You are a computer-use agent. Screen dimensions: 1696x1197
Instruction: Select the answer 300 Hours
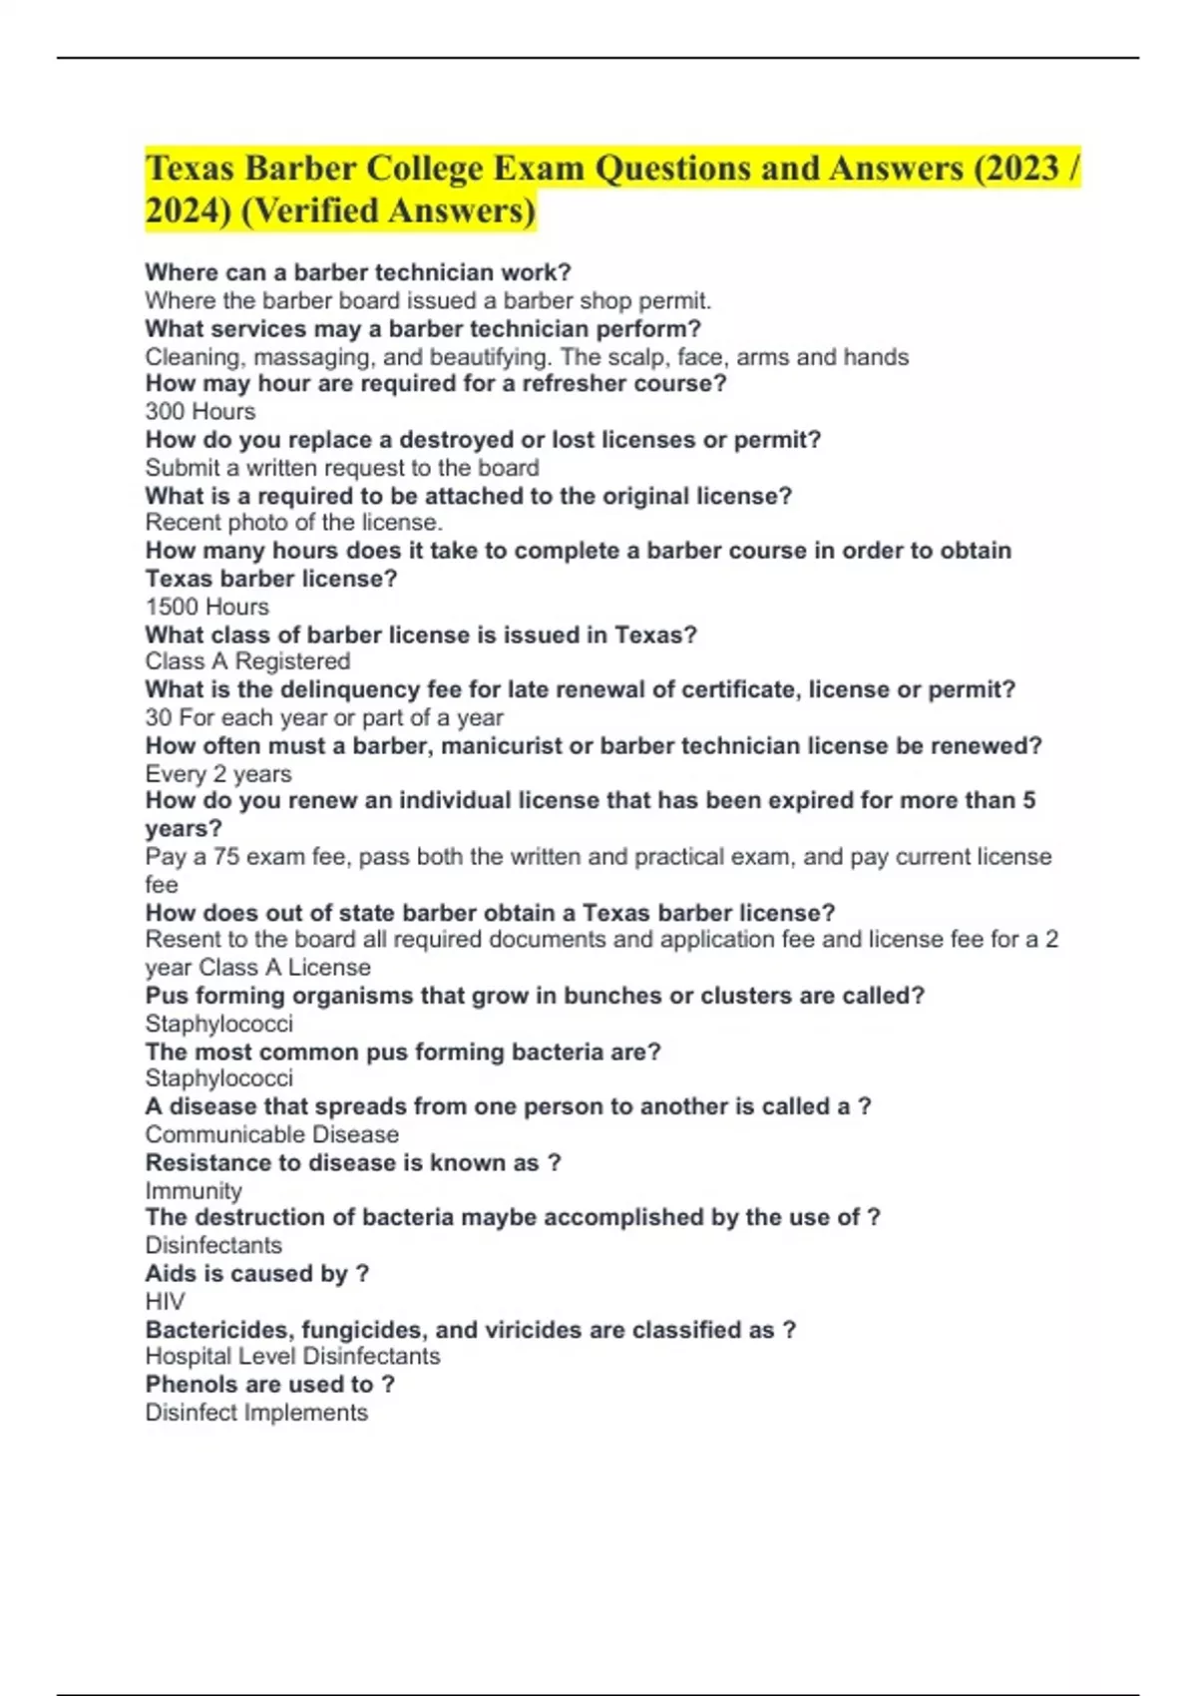click(x=199, y=412)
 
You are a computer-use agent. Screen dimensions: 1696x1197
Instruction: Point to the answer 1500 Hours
click(x=206, y=607)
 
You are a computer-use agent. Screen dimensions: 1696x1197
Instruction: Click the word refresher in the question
click(x=564, y=384)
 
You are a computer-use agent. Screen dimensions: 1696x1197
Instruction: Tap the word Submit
click(x=183, y=468)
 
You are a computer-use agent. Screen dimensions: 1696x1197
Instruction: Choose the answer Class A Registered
click(x=247, y=661)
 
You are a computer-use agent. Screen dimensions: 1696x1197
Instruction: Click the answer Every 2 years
click(x=218, y=774)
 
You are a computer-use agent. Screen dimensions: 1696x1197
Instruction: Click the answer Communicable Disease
click(x=271, y=1134)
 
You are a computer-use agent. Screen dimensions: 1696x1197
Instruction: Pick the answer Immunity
click(x=194, y=1191)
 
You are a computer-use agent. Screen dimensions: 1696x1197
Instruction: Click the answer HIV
click(x=165, y=1302)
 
